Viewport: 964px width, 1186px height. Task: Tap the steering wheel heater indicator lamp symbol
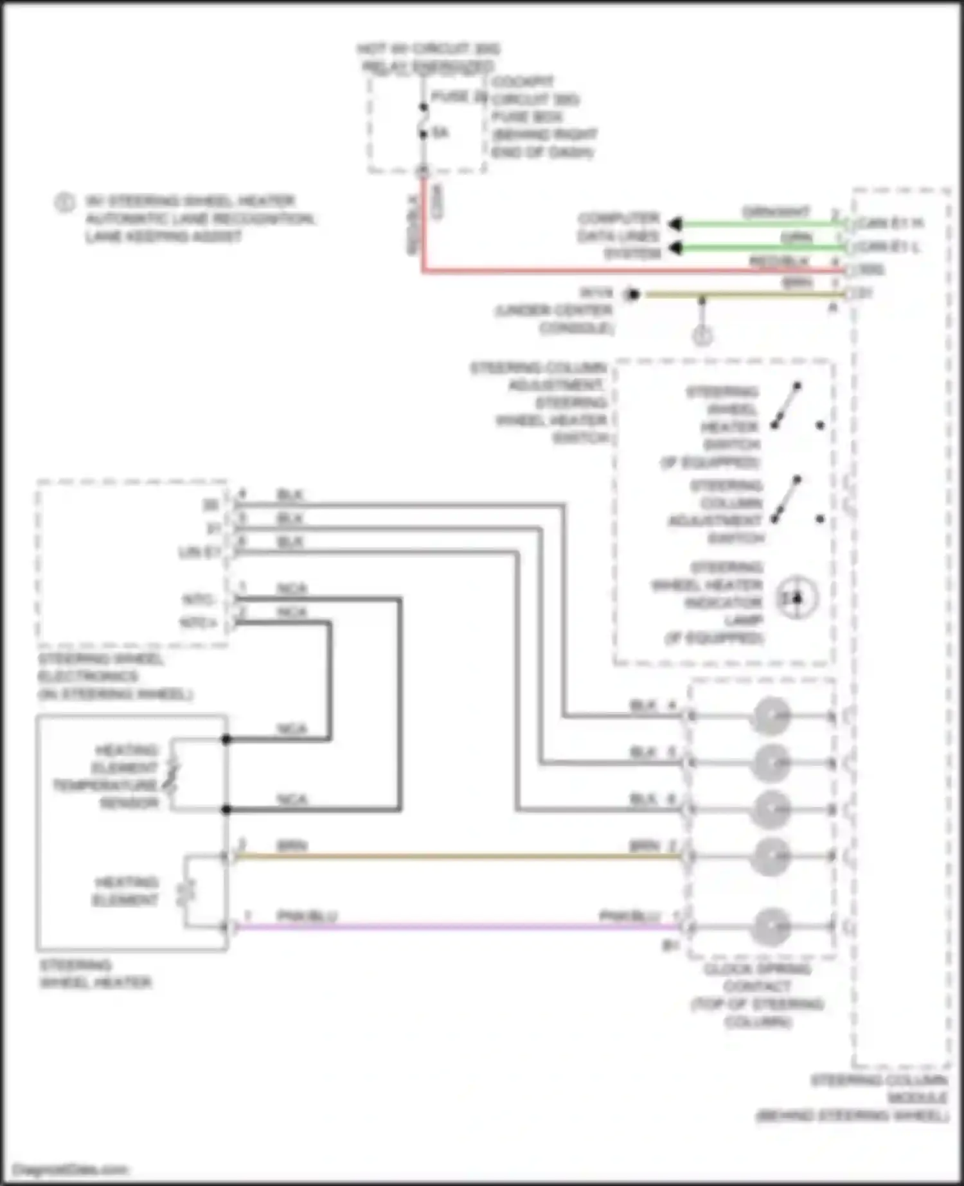point(797,598)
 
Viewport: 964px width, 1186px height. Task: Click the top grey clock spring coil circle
point(771,716)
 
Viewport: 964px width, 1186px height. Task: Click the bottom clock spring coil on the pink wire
point(771,926)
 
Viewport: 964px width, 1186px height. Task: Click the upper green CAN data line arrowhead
point(674,224)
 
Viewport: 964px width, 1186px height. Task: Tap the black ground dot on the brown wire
point(634,294)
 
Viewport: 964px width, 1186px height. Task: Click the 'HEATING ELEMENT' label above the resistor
point(126,890)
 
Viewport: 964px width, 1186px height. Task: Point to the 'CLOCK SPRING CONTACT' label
point(758,995)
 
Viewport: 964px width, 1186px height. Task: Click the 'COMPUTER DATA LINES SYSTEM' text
point(618,236)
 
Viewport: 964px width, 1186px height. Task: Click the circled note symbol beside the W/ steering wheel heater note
point(64,202)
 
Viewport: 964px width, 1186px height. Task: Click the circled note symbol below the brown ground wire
point(702,335)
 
